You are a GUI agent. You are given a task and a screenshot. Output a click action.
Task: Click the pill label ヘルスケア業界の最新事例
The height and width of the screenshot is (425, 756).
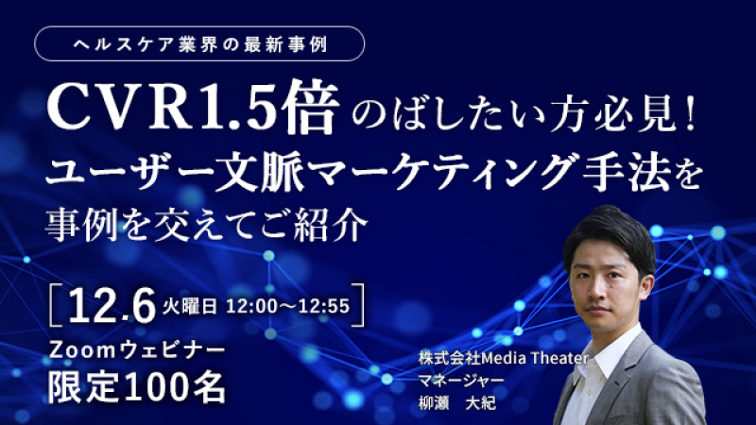[199, 44]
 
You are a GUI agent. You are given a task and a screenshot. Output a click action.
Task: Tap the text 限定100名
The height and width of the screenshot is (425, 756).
[139, 385]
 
